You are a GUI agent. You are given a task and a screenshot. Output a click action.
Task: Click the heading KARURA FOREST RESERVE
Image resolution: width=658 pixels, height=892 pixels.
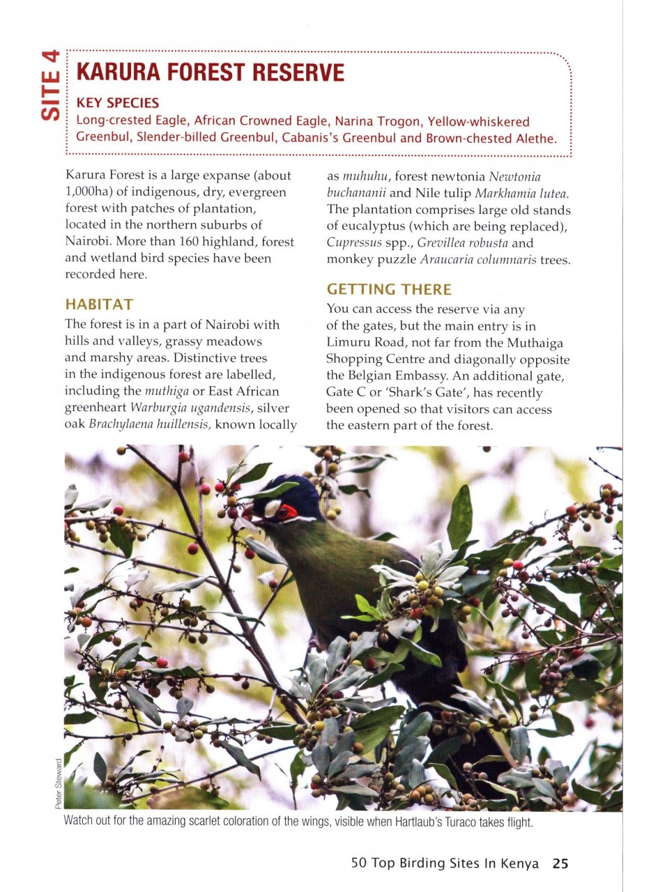tap(210, 72)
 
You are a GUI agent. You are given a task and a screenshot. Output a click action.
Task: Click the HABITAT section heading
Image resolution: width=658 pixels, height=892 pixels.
tap(98, 305)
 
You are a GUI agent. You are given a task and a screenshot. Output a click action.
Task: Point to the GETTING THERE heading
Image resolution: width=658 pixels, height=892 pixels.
tap(389, 289)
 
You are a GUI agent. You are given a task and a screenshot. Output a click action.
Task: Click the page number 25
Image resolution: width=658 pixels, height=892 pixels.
tap(560, 863)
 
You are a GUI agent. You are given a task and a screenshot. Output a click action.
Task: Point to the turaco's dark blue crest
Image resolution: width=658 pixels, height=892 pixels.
tap(293, 491)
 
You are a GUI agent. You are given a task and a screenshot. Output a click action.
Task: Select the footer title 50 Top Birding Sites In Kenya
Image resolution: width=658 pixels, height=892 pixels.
tap(445, 863)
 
